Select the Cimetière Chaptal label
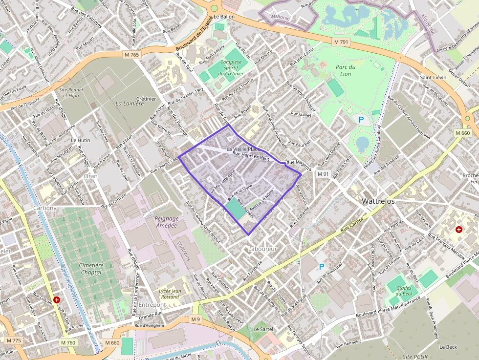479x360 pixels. coord(91,268)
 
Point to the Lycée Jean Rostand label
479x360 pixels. coord(170,294)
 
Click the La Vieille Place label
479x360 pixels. coord(243,148)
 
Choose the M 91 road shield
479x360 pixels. coord(323,174)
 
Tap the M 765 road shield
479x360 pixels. coord(132,55)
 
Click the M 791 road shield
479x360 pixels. coord(341,42)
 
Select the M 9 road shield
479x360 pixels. coord(196,319)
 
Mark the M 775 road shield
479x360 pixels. coord(14,340)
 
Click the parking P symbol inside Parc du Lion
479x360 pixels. coord(361,119)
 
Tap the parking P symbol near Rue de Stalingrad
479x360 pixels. coord(321,267)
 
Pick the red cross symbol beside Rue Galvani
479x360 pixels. coord(57,299)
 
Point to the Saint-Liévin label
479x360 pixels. coord(433,78)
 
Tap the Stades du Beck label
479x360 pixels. coord(404,291)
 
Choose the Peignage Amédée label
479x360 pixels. coord(166,222)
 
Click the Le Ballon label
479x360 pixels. coord(224,17)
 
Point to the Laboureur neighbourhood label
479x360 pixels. coord(262,249)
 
